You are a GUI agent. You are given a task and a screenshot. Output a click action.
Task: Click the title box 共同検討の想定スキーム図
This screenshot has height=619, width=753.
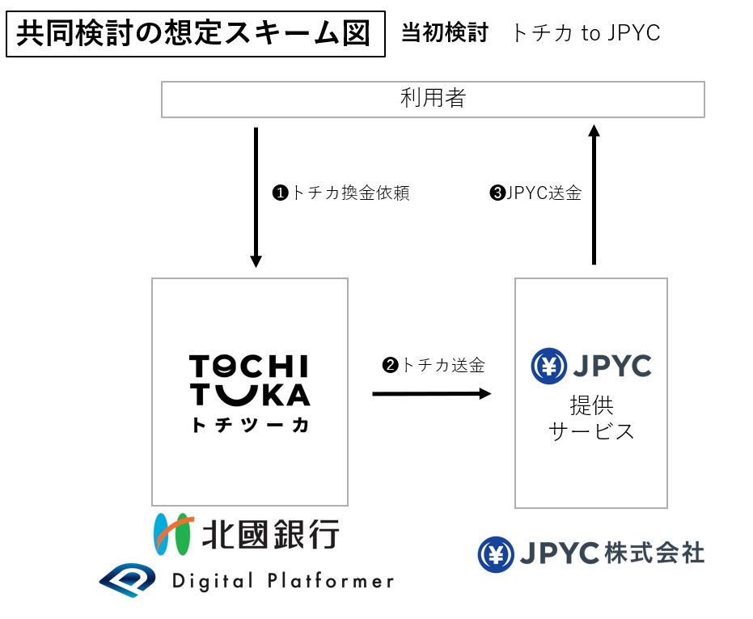(x=195, y=34)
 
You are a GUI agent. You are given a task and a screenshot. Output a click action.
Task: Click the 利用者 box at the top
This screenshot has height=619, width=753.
(x=433, y=100)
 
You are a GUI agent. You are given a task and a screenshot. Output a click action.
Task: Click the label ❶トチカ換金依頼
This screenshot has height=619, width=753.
(x=341, y=194)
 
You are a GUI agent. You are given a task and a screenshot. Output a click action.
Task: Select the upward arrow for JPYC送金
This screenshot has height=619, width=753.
(x=594, y=194)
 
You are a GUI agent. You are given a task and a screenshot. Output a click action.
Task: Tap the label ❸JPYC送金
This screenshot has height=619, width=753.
(x=535, y=194)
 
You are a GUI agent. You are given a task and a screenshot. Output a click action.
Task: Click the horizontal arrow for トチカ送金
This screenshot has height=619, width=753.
(x=431, y=394)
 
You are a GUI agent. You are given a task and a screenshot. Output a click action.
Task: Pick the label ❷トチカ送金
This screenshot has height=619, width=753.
(x=434, y=366)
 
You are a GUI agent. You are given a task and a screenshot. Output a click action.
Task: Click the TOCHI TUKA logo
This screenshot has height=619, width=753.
(x=249, y=380)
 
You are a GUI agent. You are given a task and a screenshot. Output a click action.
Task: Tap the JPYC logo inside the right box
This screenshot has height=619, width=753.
(x=591, y=367)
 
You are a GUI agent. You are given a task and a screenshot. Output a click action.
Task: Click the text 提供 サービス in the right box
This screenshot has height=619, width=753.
(x=591, y=418)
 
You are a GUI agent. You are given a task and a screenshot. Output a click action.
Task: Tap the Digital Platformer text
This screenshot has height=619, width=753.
(x=283, y=580)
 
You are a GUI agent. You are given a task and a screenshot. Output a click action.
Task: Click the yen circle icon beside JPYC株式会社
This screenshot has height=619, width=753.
(x=496, y=554)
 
